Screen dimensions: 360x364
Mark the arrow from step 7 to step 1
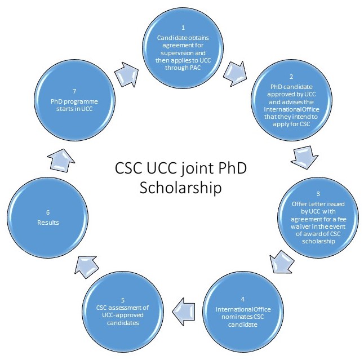[125, 73]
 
